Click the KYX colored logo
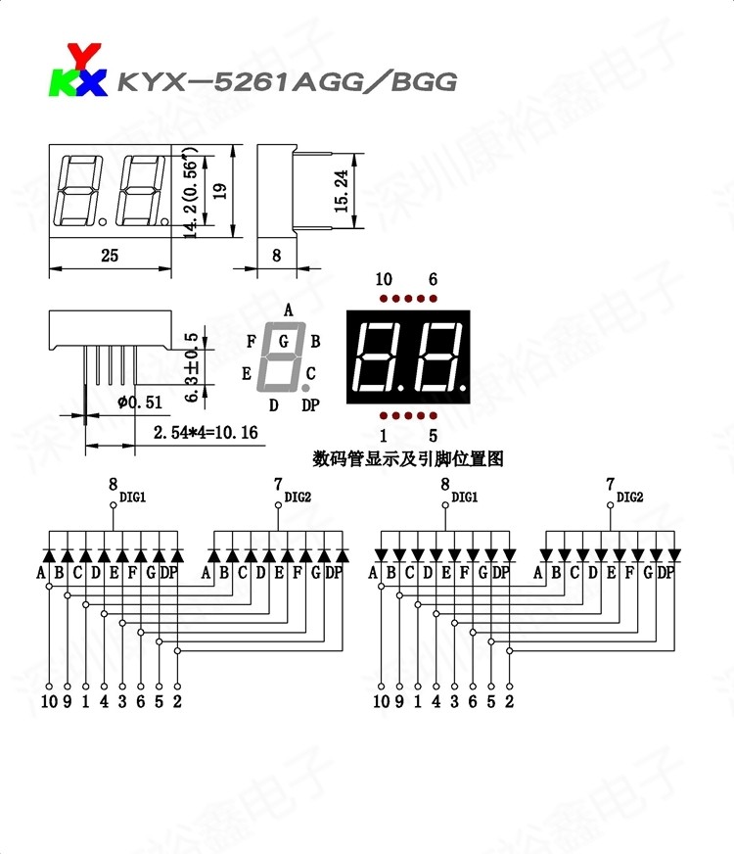[77, 71]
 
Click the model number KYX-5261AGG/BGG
[287, 81]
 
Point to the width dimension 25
[109, 256]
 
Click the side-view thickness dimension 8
[276, 256]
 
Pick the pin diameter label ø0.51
[139, 402]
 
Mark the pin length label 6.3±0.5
[192, 365]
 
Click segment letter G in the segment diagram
[284, 342]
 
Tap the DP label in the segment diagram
[310, 404]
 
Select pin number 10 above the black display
[384, 280]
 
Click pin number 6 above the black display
[433, 280]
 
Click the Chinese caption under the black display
[408, 458]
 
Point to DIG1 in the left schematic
[133, 498]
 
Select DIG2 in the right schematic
[630, 498]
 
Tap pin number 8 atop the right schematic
[445, 484]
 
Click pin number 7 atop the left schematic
[278, 484]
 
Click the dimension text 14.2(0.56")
[190, 194]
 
